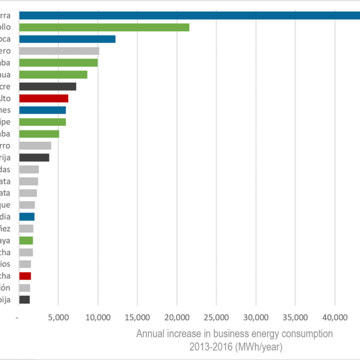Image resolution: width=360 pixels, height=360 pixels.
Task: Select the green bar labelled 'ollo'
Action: point(104,27)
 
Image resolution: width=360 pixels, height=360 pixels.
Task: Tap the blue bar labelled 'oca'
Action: point(67,39)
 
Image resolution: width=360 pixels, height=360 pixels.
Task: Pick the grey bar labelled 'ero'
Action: point(59,51)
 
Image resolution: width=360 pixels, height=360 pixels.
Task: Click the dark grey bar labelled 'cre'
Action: point(48,87)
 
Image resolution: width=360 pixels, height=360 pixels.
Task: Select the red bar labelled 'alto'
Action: point(44,98)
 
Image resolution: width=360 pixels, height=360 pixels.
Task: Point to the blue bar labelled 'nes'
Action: point(43,110)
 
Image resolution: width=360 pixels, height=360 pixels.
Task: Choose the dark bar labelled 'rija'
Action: point(34,157)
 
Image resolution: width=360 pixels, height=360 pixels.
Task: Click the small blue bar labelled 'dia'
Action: point(27,217)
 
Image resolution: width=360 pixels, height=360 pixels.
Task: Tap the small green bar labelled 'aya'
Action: point(26,240)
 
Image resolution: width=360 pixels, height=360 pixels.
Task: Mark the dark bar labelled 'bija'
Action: point(24,300)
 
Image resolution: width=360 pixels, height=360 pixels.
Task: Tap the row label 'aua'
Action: point(10,75)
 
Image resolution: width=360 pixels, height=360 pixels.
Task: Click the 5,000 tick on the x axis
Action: point(58,318)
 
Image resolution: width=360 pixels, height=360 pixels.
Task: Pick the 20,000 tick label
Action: point(177,318)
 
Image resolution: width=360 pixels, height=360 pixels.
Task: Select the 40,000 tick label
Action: point(335,318)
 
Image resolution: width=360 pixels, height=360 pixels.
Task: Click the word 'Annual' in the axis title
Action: point(150,334)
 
